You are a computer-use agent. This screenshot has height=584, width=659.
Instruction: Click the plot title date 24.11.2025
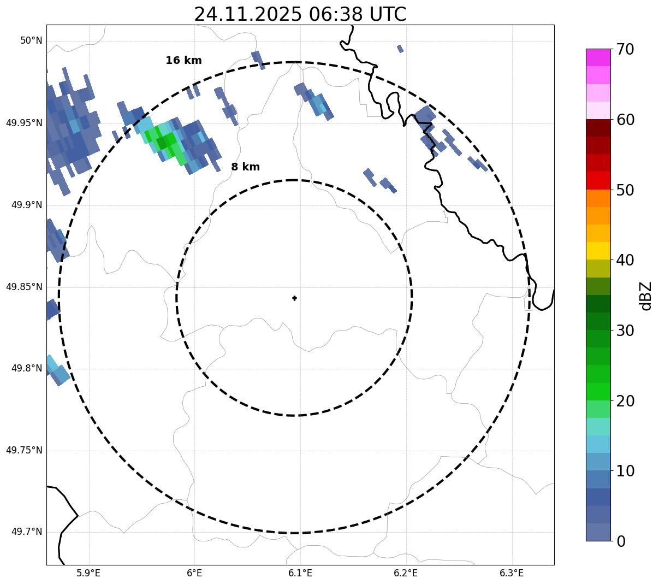point(247,14)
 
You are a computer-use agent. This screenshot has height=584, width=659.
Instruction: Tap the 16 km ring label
point(183,61)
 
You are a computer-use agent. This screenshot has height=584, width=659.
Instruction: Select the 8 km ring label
point(245,167)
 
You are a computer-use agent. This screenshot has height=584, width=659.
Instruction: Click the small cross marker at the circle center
point(294,298)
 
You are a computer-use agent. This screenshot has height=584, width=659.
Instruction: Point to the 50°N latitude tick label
point(31,41)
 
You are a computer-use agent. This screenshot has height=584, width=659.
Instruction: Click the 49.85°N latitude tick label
point(24,287)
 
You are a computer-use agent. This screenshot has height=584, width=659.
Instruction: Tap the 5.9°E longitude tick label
point(88,573)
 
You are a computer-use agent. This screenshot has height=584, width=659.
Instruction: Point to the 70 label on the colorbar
point(625,50)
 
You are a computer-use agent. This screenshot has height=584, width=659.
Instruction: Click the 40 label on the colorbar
point(625,260)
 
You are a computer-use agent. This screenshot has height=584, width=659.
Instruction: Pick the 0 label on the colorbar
point(621,541)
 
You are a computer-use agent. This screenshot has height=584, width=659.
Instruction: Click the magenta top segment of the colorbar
point(598,57)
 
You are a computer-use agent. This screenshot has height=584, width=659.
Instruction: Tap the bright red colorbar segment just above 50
point(598,180)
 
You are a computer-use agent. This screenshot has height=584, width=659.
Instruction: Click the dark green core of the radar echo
point(162,143)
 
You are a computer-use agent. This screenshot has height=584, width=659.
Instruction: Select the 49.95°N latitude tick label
point(24,123)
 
